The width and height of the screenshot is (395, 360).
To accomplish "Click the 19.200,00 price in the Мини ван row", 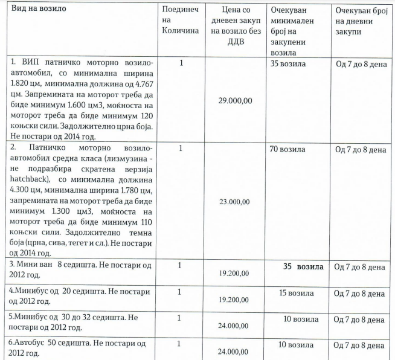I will coord(234,273).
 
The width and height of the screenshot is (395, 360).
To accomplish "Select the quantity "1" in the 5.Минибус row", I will coord(180,318).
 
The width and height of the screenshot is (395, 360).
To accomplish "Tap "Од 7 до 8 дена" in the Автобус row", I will coord(360,345).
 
